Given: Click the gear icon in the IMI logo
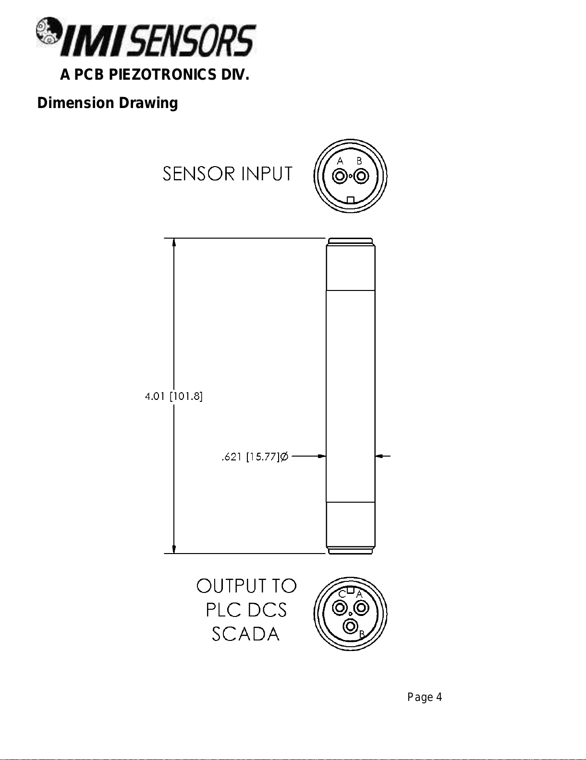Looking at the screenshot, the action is point(48,36).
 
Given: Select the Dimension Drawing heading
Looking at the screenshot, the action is point(108,103).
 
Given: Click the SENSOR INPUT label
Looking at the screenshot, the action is point(227,174).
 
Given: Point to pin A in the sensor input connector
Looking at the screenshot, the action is point(340,176).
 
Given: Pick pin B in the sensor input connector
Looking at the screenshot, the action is point(361,176).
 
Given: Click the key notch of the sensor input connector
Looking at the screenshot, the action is point(350,200).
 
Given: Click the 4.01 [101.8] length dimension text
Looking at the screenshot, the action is point(174,396).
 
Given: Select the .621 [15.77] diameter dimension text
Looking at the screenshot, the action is point(251,457).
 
